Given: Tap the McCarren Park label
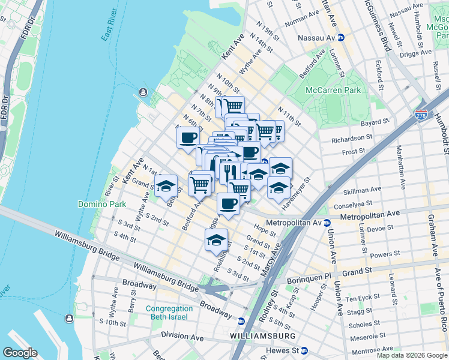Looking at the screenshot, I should tap(334, 91).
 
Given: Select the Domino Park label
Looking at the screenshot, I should tap(102, 204).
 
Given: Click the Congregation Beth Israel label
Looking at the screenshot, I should tap(167, 313).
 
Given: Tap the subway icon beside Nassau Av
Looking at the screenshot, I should tap(341, 37).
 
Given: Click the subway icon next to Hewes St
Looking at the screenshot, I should tap(304, 350).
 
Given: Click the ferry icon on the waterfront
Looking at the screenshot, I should tap(143, 92).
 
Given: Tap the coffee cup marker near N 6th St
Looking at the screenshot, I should tap(188, 137).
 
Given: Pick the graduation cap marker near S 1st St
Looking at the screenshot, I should tap(216, 241).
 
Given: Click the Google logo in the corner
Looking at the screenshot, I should tap(20, 353).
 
